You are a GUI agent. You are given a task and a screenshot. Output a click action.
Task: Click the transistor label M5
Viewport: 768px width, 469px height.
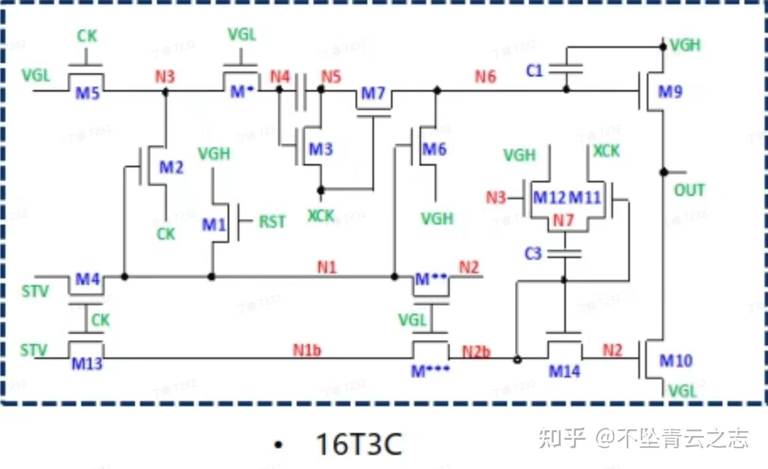point(87,93)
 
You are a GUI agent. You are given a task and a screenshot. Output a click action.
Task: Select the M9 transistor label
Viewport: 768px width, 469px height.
point(670,92)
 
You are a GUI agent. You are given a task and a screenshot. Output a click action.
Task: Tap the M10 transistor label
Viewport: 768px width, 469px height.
point(676,361)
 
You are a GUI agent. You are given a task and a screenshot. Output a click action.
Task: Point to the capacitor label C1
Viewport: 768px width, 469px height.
point(534,70)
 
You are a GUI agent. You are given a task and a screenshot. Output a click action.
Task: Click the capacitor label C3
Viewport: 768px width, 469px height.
point(533,253)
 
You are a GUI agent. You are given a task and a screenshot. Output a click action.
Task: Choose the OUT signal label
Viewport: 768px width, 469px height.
point(689,190)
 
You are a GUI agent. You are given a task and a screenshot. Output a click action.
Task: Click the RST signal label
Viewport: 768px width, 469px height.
point(272,221)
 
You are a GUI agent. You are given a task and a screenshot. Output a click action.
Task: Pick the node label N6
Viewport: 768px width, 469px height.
point(485,77)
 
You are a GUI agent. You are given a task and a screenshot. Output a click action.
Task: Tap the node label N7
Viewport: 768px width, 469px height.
point(563,220)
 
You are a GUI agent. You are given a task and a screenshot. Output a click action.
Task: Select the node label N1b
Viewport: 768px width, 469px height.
point(307,350)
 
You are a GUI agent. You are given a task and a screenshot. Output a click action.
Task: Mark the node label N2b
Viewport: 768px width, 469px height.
point(476,352)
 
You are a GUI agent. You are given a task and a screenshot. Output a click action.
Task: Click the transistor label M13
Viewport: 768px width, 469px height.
point(86,364)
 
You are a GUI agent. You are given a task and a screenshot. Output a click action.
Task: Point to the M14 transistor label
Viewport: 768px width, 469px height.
point(564,371)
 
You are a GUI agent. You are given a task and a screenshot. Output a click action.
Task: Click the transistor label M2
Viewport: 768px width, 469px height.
point(171,167)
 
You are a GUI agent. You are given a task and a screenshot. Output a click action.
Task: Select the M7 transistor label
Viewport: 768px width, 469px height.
point(373,93)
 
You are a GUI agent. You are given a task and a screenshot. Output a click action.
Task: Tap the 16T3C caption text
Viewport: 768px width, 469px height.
point(358,444)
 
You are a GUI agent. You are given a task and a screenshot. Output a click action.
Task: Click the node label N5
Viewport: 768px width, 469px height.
point(331,77)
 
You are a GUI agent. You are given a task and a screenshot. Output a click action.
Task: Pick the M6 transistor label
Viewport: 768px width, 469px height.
point(434,149)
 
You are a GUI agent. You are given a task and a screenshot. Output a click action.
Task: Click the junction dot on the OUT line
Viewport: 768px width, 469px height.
point(663,172)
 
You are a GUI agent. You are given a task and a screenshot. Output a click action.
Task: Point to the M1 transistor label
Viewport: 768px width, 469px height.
point(213,224)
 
